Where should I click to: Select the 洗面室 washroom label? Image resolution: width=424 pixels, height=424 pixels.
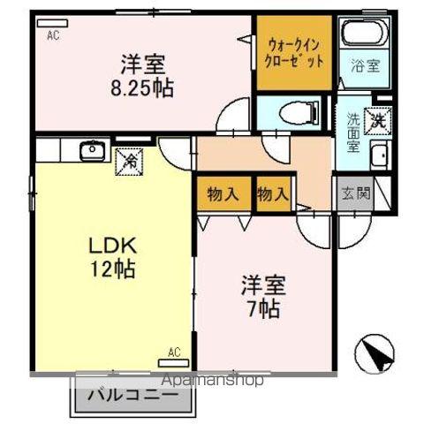[x=352, y=132]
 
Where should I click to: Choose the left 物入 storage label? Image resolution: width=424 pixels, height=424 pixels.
[x=223, y=195]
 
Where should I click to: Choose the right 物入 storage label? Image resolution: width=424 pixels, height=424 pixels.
[x=273, y=195]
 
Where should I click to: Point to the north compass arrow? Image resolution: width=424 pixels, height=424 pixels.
[x=378, y=355]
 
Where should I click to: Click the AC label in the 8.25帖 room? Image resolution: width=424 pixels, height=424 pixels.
[x=52, y=34]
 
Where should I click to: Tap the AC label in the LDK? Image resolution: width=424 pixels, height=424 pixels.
[x=174, y=352]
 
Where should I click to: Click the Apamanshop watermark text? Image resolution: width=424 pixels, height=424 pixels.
[x=212, y=382]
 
